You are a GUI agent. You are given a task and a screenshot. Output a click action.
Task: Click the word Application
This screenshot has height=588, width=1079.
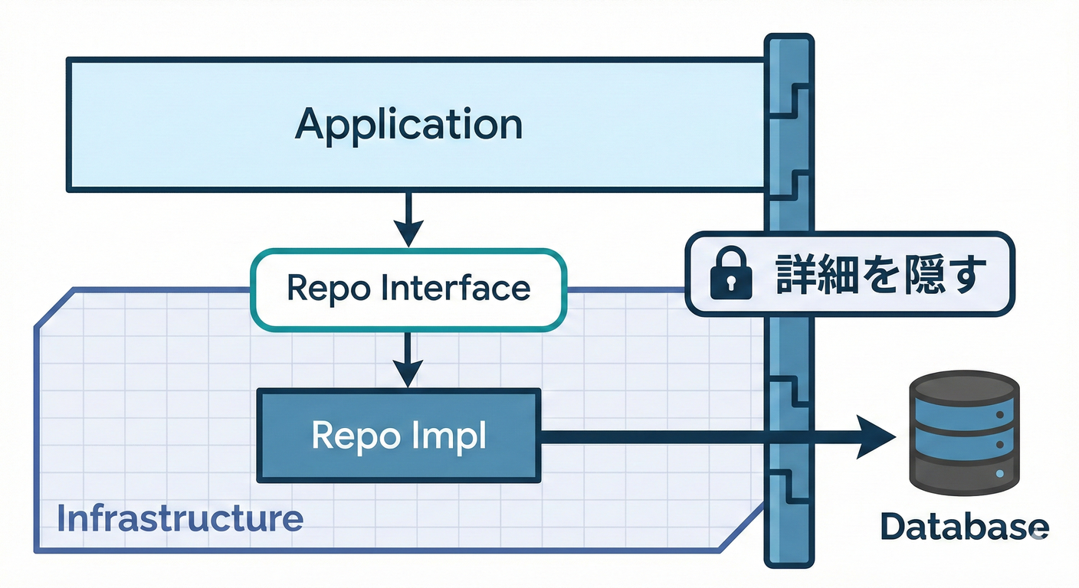click(408, 125)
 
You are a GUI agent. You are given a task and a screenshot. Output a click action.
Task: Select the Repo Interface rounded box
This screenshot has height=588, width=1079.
click(408, 288)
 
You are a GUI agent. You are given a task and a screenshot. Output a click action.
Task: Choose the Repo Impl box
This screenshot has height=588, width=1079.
click(398, 435)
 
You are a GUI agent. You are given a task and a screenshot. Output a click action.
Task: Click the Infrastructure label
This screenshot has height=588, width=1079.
click(180, 518)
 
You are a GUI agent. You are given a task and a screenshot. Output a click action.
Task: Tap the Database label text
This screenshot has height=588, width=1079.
click(963, 527)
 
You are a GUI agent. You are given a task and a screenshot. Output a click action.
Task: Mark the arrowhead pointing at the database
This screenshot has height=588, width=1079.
click(877, 436)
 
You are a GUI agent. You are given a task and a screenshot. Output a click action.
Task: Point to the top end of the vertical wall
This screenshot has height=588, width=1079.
click(789, 40)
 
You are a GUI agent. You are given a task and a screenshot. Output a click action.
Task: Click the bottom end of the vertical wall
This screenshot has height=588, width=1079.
click(789, 561)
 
